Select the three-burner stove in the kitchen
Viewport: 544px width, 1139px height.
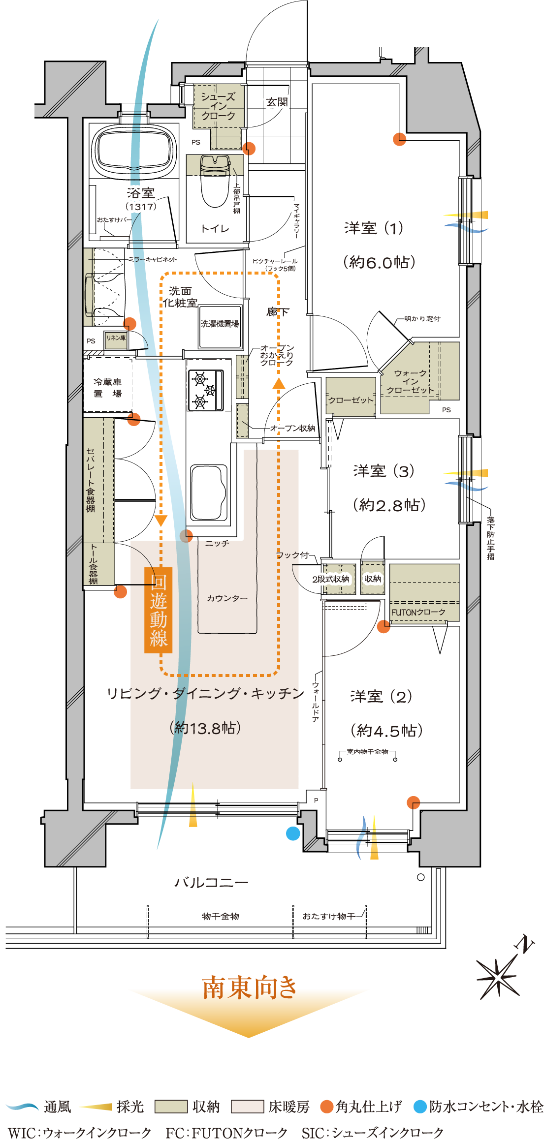205,390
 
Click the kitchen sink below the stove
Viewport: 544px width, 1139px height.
208,492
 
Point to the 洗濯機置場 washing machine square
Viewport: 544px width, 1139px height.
220,324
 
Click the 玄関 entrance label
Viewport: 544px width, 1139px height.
277,102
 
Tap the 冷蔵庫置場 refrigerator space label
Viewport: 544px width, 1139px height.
108,388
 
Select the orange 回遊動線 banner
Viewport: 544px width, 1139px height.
158,610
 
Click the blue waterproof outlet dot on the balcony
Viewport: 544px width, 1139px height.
293,833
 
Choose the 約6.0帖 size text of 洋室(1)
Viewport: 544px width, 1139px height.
379,262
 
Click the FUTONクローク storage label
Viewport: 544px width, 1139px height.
418,612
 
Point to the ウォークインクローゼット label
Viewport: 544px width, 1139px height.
410,382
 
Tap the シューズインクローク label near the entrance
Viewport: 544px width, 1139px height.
218,106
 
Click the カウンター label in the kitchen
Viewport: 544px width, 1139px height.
227,598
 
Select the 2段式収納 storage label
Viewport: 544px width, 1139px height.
331,579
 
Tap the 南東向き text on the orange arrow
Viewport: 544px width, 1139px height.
249,987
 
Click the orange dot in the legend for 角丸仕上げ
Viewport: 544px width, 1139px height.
327,1107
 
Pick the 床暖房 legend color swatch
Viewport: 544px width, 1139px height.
248,1107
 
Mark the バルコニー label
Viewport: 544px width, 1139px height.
211,883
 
